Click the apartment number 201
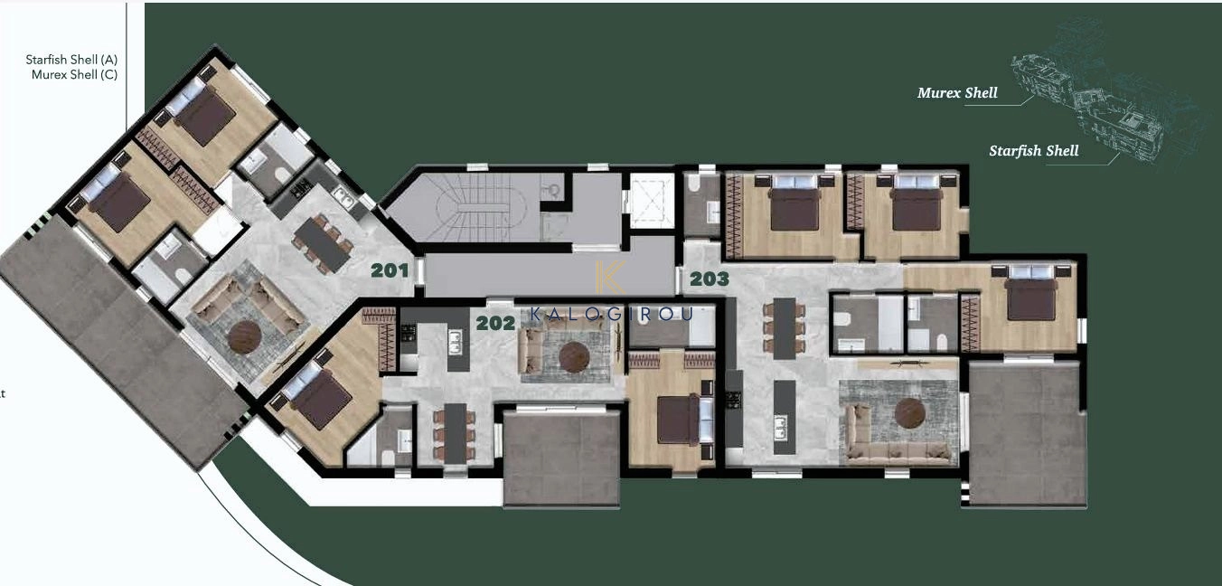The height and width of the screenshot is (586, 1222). point(390,270)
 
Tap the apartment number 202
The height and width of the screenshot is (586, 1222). point(495,323)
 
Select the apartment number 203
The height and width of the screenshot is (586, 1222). point(710,279)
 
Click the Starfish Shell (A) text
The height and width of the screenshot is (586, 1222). point(71,60)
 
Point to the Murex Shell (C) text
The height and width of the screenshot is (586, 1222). point(74,75)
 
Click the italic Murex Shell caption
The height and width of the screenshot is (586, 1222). point(957,93)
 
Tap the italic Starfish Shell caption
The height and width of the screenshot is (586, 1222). point(1034,151)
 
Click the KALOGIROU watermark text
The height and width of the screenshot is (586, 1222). point(612,314)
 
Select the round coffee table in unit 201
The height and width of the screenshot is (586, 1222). point(244,337)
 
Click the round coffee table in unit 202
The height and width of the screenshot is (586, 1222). point(575,357)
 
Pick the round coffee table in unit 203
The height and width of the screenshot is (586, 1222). point(910,413)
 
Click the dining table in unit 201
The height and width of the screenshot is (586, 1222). point(322,244)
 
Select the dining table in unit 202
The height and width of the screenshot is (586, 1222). point(455,433)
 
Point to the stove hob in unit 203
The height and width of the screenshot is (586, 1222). point(734,400)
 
